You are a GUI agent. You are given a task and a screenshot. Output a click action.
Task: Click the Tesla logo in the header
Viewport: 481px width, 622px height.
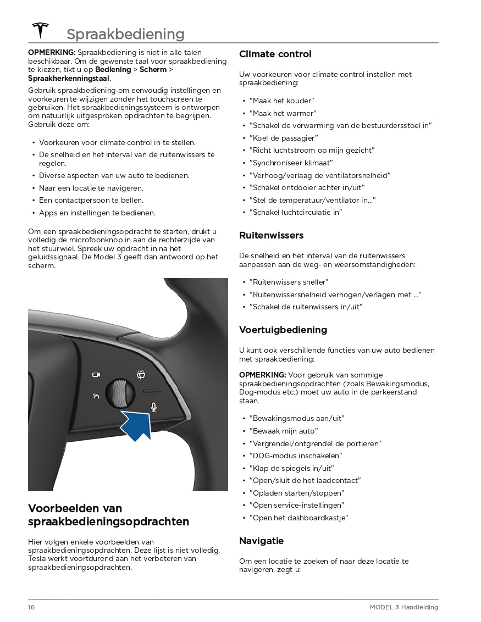click(40, 31)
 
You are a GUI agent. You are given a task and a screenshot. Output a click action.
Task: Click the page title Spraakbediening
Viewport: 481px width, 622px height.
click(125, 34)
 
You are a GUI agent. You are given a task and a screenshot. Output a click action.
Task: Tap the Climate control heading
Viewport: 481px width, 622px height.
click(275, 54)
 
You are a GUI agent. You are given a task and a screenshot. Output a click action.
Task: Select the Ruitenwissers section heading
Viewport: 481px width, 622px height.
click(271, 235)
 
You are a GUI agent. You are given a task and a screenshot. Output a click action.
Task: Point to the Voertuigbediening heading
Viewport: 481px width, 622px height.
click(283, 330)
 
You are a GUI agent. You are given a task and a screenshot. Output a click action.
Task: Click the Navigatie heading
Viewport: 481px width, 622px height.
click(261, 541)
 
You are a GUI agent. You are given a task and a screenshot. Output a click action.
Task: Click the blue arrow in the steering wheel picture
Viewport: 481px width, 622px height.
click(137, 425)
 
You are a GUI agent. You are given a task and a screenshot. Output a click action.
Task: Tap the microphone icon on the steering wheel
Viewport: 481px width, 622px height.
click(154, 407)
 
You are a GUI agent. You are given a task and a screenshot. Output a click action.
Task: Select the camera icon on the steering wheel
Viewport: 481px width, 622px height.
click(96, 375)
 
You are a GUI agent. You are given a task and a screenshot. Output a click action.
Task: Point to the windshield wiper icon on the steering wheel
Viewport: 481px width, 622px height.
click(141, 375)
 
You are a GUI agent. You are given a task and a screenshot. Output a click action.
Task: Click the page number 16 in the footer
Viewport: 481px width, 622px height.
click(31, 607)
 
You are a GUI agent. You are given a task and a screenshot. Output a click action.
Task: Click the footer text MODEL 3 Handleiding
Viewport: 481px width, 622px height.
click(403, 607)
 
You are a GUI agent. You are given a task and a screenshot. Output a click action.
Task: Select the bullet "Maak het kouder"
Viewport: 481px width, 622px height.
click(281, 101)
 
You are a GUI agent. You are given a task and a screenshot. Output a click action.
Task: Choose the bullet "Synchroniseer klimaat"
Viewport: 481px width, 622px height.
click(291, 163)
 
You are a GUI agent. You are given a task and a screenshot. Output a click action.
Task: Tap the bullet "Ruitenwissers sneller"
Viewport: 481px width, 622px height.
click(289, 282)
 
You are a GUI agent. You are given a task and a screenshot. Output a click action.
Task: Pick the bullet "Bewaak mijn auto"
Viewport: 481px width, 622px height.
click(283, 431)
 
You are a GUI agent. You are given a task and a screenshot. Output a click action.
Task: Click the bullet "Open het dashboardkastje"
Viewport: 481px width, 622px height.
click(298, 518)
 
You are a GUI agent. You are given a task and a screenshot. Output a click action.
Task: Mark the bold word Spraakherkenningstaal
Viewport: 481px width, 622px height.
click(69, 78)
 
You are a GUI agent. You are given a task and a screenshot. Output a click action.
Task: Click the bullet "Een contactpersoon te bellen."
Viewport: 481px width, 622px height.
click(91, 200)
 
